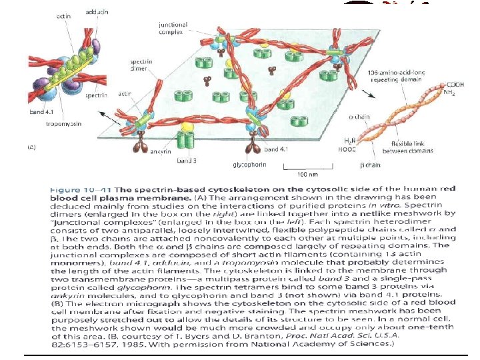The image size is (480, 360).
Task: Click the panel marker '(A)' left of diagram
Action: [x=30, y=147]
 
